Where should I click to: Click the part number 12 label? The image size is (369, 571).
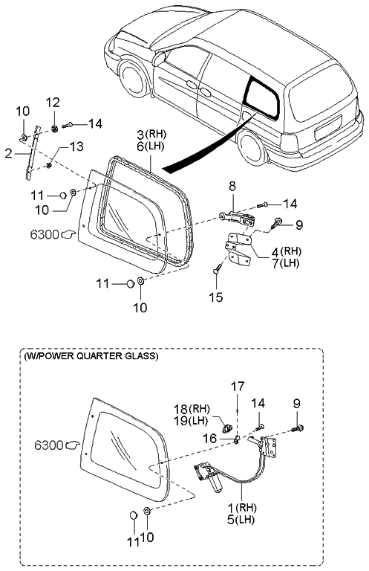(53, 103)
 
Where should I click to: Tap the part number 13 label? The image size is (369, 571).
(76, 146)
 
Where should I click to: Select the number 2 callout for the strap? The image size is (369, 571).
(9, 154)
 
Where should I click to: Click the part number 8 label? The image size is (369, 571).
(232, 186)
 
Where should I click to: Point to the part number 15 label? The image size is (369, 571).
(216, 297)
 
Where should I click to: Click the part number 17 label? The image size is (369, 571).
(238, 387)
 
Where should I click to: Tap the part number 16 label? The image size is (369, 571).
(210, 438)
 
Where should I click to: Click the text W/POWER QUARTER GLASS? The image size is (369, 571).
(91, 356)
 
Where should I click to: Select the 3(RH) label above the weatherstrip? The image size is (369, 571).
(151, 135)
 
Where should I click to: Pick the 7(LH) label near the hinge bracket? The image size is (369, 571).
(285, 262)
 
